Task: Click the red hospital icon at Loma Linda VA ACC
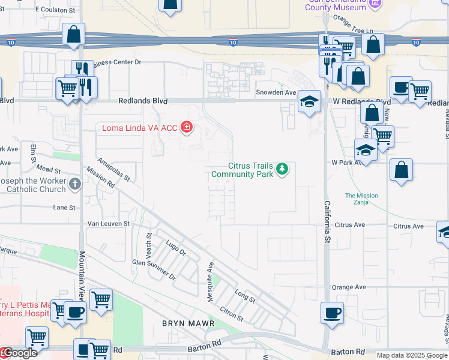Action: pyautogui.click(x=187, y=127)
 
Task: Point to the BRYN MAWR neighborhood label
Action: pyautogui.click(x=185, y=323)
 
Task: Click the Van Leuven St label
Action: pyautogui.click(x=109, y=223)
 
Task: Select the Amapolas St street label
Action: pyautogui.click(x=114, y=169)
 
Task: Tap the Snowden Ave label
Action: pyautogui.click(x=276, y=92)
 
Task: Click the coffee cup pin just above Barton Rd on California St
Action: pyautogui.click(x=332, y=313)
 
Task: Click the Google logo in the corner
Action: pyautogui.click(x=19, y=353)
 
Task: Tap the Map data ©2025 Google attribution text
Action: pyautogui.click(x=412, y=355)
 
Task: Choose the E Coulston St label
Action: pyautogui.click(x=56, y=10)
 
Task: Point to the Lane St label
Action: pyautogui.click(x=64, y=208)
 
